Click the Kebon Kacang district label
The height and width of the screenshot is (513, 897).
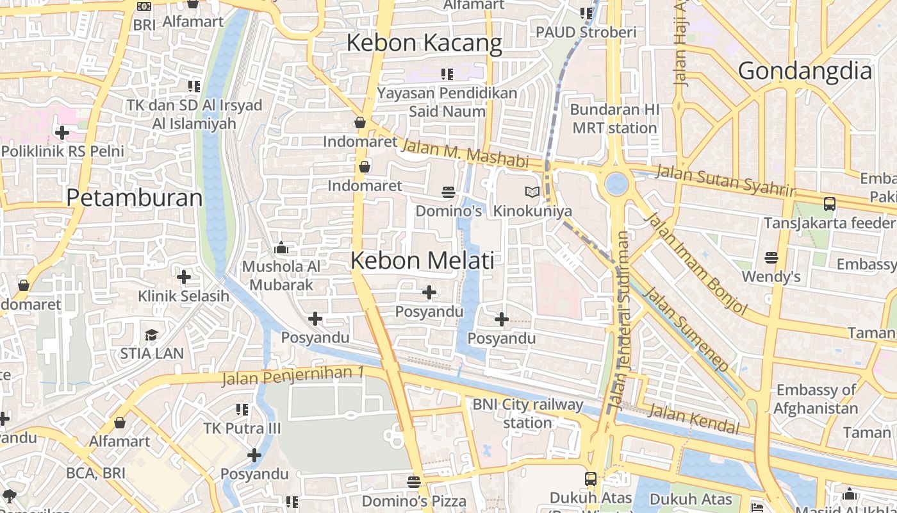pyautogui.click(x=424, y=43)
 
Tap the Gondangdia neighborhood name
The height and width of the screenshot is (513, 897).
pyautogui.click(x=805, y=71)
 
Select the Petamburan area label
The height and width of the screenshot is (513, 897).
pyautogui.click(x=135, y=198)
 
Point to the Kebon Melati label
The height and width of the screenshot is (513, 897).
pyautogui.click(x=422, y=260)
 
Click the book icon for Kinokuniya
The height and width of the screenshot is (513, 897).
pyautogui.click(x=532, y=192)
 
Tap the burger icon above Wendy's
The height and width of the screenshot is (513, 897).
pyautogui.click(x=771, y=258)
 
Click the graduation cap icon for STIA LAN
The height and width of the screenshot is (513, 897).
pyautogui.click(x=151, y=335)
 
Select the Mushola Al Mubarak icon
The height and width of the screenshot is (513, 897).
pyautogui.click(x=281, y=248)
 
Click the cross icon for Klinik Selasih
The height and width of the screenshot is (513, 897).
pyautogui.click(x=184, y=277)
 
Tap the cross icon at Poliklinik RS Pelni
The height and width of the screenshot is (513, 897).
pyautogui.click(x=62, y=133)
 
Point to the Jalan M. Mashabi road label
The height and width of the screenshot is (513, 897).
pyautogui.click(x=465, y=153)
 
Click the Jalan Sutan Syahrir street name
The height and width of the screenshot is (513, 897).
pyautogui.click(x=725, y=180)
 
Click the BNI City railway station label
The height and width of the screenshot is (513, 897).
pyautogui.click(x=527, y=414)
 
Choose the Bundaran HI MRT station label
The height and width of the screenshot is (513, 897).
pyautogui.click(x=614, y=119)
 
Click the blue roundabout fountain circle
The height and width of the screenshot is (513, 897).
pyautogui.click(x=616, y=183)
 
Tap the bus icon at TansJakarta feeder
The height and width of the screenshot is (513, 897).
pyautogui.click(x=829, y=204)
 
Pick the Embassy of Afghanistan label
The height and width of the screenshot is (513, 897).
pyautogui.click(x=816, y=399)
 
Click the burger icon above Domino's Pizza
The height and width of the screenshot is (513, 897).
pyautogui.click(x=414, y=482)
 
